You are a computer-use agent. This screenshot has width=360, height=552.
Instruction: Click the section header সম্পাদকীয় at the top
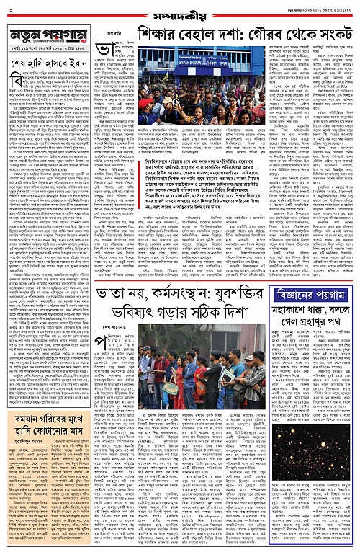[179, 12]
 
